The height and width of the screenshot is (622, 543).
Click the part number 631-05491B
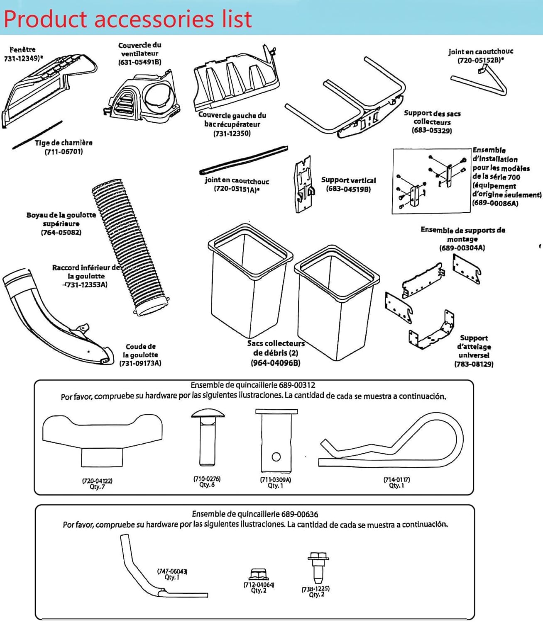click(x=139, y=62)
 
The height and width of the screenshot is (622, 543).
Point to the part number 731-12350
click(x=232, y=134)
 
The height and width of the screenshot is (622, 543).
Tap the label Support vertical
click(x=348, y=180)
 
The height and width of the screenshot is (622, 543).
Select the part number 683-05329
click(x=432, y=130)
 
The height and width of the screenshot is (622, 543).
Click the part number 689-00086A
click(x=495, y=203)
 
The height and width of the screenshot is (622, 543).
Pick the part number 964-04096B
click(x=275, y=363)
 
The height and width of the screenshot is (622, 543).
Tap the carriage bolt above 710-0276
click(x=208, y=437)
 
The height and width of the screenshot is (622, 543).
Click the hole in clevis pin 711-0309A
click(x=276, y=457)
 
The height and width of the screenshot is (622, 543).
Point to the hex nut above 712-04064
click(x=258, y=575)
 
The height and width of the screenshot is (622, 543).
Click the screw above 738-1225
click(x=318, y=566)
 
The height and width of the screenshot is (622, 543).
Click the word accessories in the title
click(x=155, y=19)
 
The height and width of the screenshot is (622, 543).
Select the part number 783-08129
click(x=474, y=364)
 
